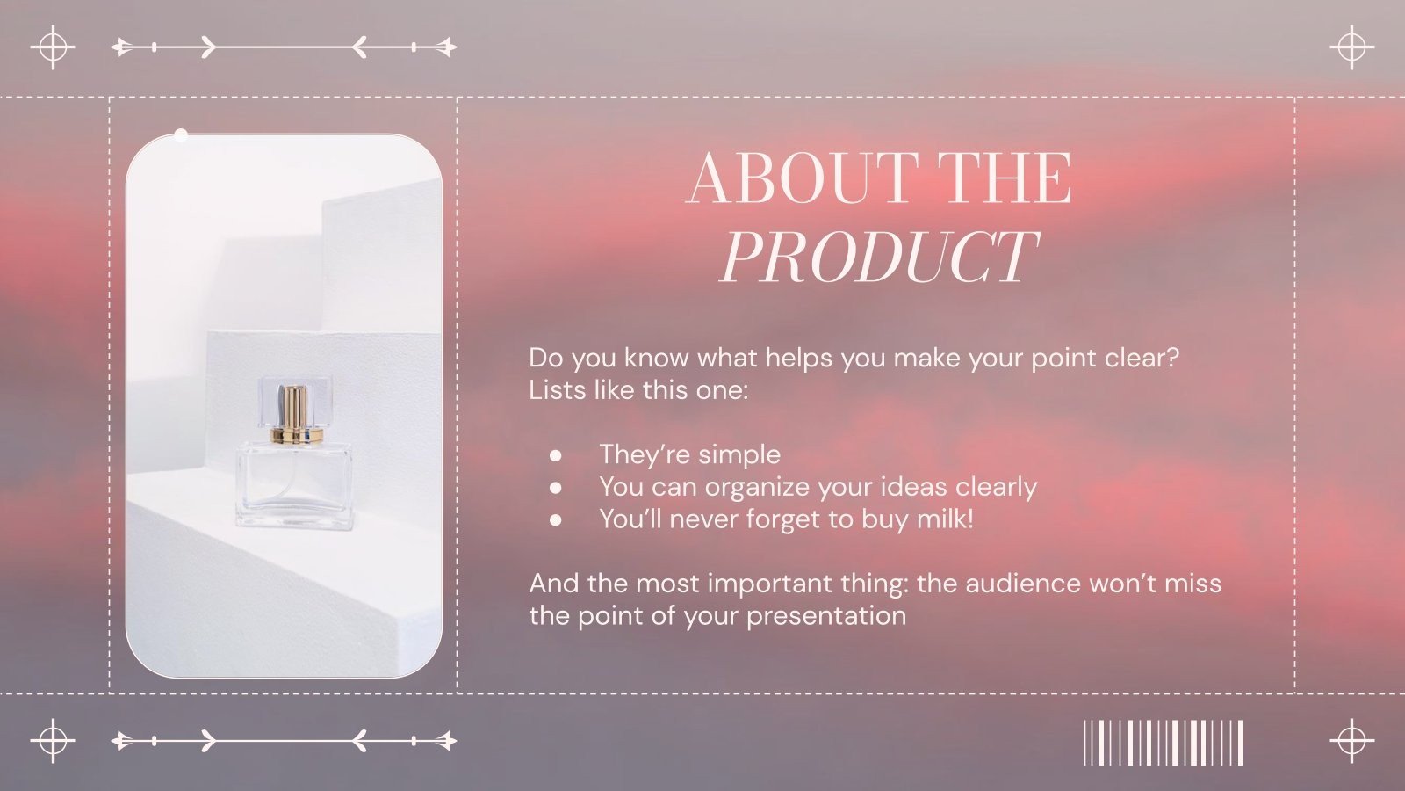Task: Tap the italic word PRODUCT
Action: [878, 257]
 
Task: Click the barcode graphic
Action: [1163, 743]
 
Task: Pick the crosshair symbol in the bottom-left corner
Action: [53, 740]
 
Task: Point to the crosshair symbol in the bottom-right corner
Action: [1351, 740]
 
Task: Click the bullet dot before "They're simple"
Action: [555, 455]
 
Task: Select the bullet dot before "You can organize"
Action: [555, 487]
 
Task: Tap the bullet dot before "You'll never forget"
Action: [555, 519]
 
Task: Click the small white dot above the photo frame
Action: [181, 135]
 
